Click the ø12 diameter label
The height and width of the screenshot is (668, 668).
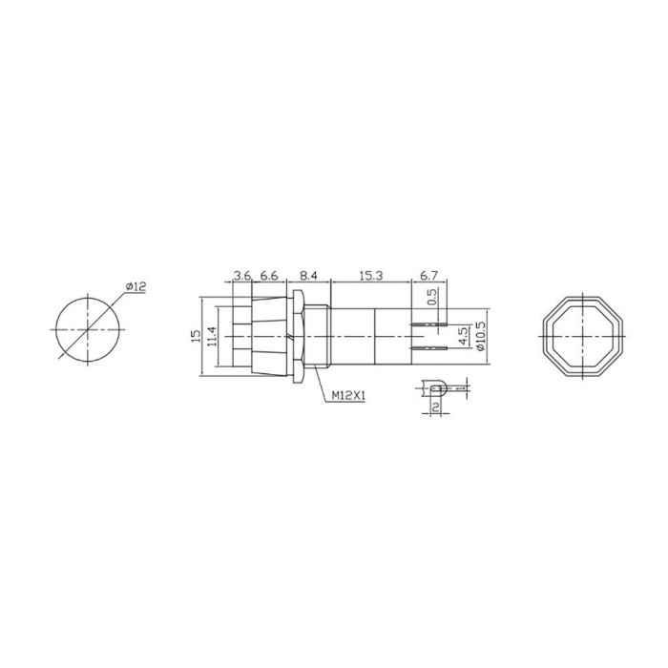pos(134,287)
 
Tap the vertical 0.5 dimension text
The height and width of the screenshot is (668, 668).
pos(432,298)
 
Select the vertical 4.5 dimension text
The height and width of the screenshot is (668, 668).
pos(463,336)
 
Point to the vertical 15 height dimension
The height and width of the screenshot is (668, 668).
pos(196,336)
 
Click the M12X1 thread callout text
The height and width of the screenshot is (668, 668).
pos(350,394)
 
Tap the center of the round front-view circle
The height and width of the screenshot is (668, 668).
pos(87,329)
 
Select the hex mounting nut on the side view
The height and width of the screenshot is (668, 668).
pos(299,336)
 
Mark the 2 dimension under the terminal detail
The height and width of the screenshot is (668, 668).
pos(435,407)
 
